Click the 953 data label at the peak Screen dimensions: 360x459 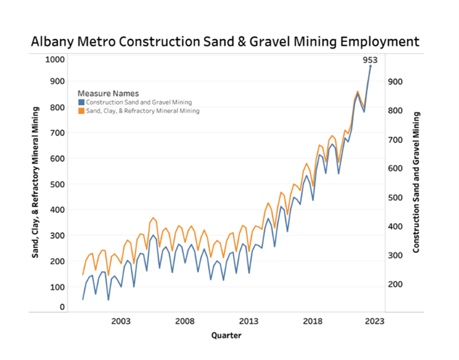pos(370,60)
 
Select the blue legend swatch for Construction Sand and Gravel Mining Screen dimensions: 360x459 pos(81,102)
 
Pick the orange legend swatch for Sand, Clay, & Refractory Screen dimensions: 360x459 pos(81,111)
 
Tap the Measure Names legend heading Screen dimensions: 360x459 pos(113,93)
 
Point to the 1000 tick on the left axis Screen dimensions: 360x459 pos(54,59)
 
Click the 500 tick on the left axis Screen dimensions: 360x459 pos(56,184)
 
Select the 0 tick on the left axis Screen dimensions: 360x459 pos(62,307)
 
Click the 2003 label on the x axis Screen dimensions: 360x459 pos(121,321)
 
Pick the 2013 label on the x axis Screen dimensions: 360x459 pos(249,321)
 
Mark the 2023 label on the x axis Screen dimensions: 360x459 pos(375,321)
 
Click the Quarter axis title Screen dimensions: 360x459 pos(225,335)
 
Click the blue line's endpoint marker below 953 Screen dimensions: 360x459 pos(370,66)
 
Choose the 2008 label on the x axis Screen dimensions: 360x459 pos(185,321)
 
